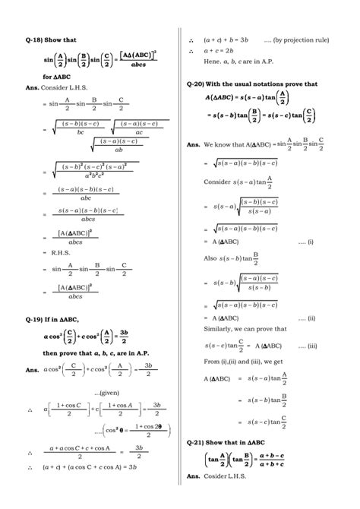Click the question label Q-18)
click(x=34, y=39)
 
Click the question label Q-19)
click(x=34, y=320)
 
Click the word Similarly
click(x=221, y=329)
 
